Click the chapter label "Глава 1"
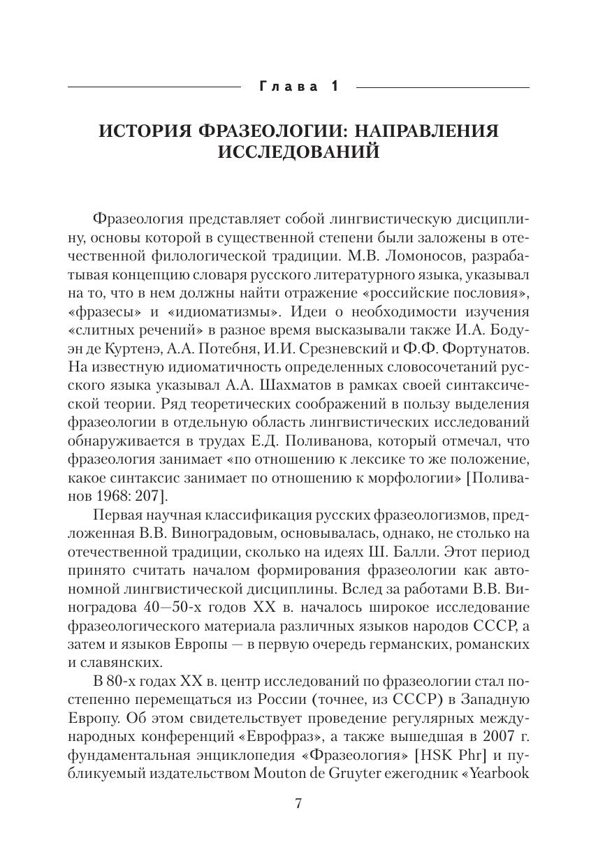click(298, 87)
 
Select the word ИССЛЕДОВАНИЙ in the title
click(298, 152)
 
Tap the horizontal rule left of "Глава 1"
click(154, 87)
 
